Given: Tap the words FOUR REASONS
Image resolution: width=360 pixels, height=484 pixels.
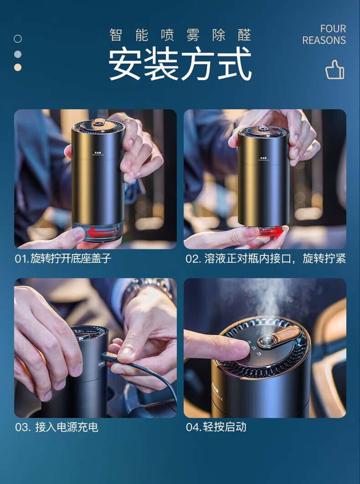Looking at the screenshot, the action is (x=324, y=35).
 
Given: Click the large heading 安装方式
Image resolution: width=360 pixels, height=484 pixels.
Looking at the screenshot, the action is (x=180, y=64).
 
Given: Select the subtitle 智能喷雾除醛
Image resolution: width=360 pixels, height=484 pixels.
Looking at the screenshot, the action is (x=180, y=35).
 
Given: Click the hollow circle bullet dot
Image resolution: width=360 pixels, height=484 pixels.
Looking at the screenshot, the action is (x=18, y=39).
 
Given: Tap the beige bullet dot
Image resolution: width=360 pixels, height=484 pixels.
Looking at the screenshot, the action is (x=18, y=67).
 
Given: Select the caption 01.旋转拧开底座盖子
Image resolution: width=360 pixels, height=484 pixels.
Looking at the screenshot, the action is (x=63, y=258).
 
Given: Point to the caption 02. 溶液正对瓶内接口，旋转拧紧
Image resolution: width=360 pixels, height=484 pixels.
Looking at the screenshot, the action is (x=265, y=258).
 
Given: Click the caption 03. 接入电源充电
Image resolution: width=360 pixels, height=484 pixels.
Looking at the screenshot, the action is (x=57, y=427).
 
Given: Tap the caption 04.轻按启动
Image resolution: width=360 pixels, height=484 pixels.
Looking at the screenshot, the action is (x=216, y=427).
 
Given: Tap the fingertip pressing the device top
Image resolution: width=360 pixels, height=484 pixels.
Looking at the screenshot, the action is (x=241, y=349).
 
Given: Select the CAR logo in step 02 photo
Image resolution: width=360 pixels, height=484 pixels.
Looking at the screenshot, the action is (x=263, y=158).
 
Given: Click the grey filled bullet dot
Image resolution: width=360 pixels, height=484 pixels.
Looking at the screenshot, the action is (x=18, y=54).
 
